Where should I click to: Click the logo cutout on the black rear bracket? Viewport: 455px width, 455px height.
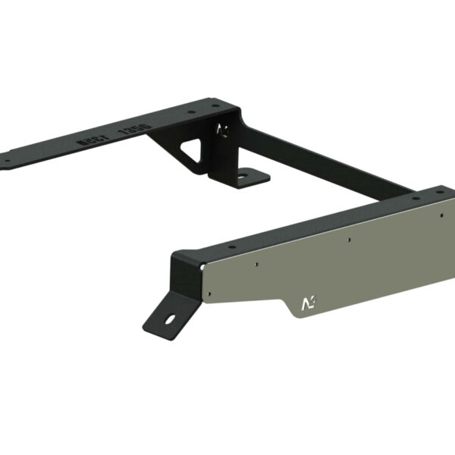point(221,130)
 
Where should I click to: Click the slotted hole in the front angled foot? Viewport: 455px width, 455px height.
point(172,318)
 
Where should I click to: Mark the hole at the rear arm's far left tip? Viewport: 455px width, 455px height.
point(7,161)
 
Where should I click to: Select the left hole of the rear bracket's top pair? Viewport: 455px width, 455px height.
point(187,113)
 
